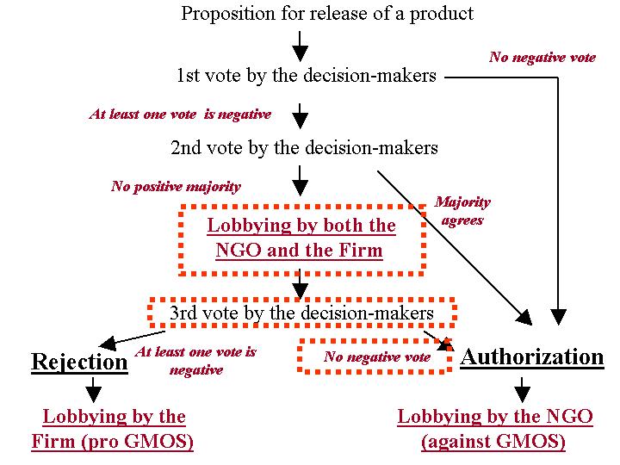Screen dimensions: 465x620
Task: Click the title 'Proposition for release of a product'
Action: [x=327, y=14]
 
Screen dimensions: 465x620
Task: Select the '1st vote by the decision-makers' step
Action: [x=306, y=76]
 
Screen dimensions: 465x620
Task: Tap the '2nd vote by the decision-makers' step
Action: [x=304, y=148]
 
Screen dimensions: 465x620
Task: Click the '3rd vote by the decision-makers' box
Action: [x=301, y=313]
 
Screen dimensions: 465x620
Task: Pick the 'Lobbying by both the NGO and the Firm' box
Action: [x=301, y=239]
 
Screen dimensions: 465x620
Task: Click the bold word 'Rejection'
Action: [x=79, y=361]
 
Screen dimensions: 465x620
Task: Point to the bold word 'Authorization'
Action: [x=532, y=356]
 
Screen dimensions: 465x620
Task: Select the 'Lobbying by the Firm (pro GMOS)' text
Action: [x=113, y=429]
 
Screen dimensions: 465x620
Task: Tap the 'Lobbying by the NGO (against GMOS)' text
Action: [x=494, y=429]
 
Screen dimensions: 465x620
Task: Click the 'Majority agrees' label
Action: [x=462, y=211]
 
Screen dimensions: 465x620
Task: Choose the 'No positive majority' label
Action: [x=176, y=186]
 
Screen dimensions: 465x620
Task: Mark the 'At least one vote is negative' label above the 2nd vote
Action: [x=180, y=114]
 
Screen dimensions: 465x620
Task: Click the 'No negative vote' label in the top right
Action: [x=542, y=58]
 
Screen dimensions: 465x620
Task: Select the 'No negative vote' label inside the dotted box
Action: [x=377, y=356]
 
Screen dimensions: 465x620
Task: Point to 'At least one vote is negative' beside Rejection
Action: [x=195, y=361]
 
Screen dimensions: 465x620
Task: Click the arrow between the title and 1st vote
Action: [x=300, y=44]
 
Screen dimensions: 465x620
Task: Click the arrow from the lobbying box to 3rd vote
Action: [x=300, y=285]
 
